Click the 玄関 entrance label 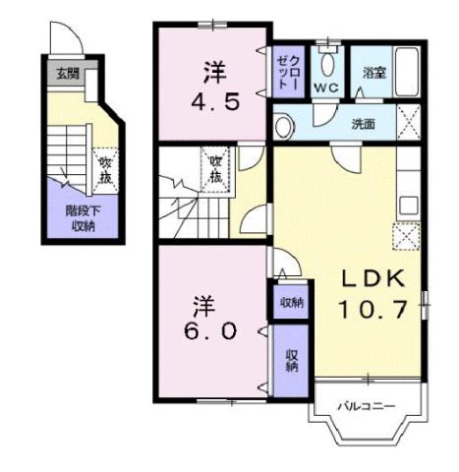pos(66,72)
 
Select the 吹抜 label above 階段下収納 pos(103,169)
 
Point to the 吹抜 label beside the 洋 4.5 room pos(215,169)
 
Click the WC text pos(325,88)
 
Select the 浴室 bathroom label pos(373,73)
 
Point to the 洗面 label pos(364,124)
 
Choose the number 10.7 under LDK pos(373,309)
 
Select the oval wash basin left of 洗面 pos(285,125)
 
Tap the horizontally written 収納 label pos(291,302)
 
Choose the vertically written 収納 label pos(292,361)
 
